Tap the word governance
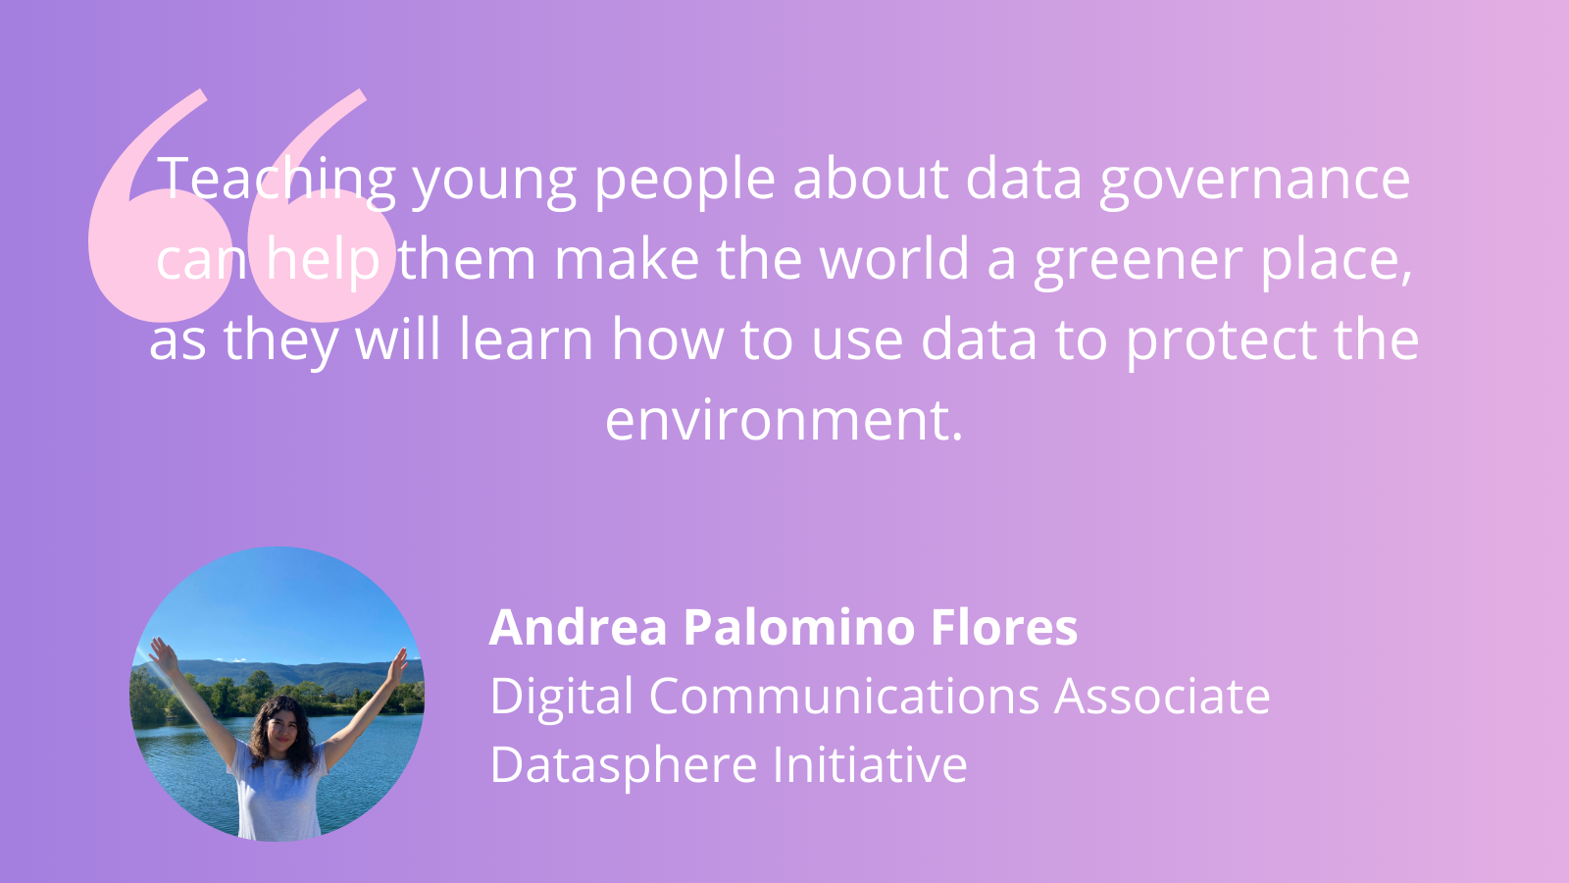point(1254,182)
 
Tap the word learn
point(527,338)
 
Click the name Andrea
point(578,627)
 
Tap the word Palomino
point(798,627)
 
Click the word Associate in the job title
point(1162,696)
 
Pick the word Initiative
point(870,763)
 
